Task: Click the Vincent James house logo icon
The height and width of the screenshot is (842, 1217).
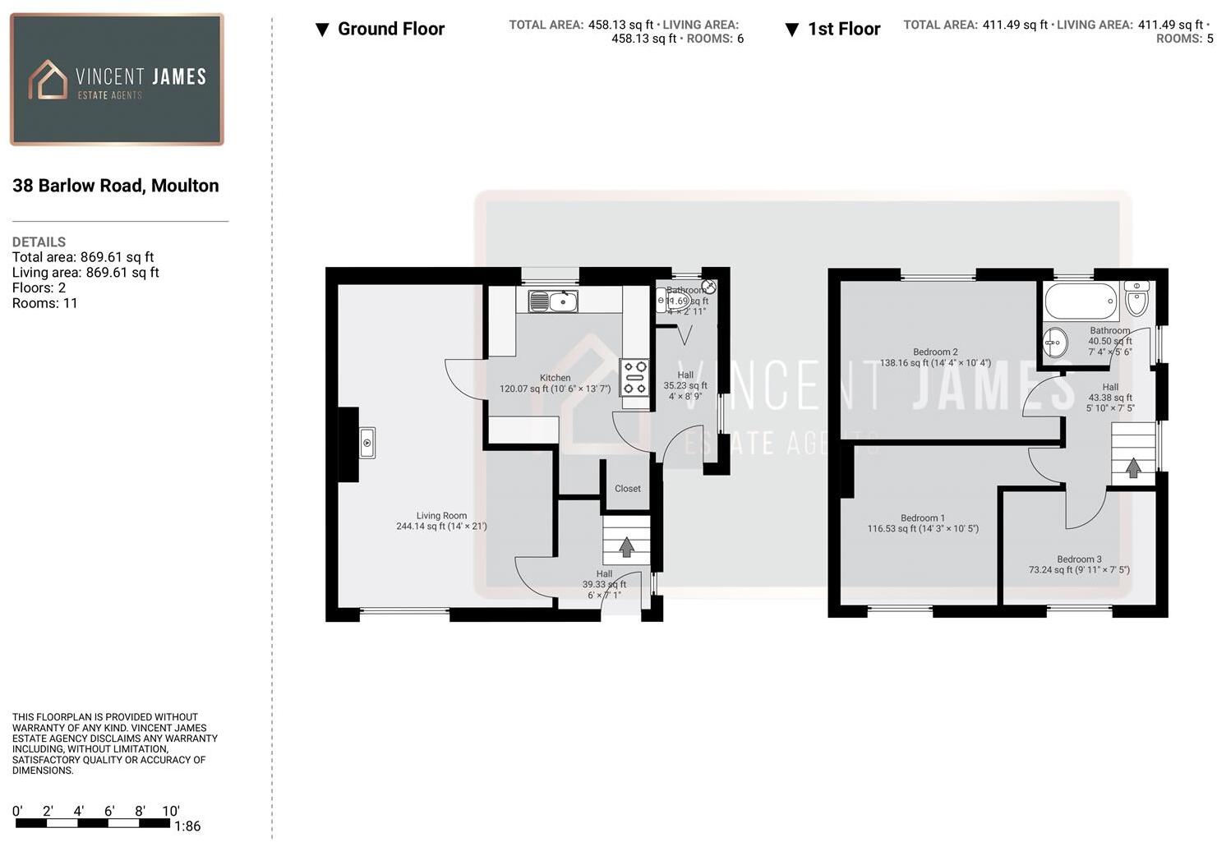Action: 48,80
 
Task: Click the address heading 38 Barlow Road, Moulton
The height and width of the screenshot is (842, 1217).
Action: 116,186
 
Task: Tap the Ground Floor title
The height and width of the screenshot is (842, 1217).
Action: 390,29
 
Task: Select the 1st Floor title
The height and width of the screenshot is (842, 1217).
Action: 843,29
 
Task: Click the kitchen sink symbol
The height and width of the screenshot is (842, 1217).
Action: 552,301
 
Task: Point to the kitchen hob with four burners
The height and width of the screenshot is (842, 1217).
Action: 634,378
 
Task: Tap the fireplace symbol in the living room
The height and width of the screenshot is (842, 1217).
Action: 367,444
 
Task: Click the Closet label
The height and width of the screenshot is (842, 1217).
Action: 627,489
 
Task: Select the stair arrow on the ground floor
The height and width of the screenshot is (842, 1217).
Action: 626,546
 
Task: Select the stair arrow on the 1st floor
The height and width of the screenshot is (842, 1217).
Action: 1132,467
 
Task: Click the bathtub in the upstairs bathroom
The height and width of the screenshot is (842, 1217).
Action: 1081,301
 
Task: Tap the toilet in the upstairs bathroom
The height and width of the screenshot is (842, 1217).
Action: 1136,299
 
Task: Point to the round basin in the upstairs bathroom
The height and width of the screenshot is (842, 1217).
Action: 1055,342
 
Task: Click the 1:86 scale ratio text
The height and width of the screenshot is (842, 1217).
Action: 187,826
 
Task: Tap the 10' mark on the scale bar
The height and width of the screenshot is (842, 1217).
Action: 171,812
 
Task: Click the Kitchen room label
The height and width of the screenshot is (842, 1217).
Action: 555,378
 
